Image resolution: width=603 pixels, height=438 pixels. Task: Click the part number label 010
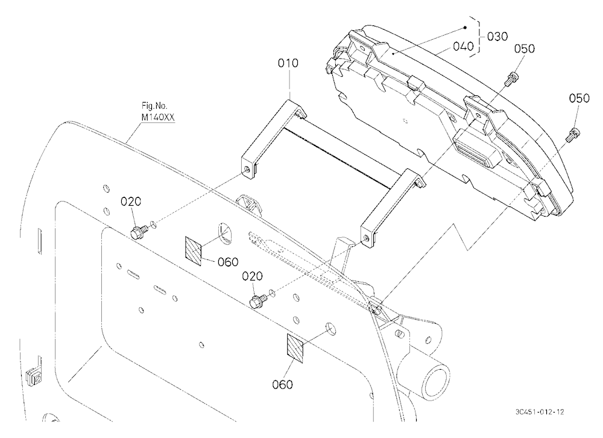pyautogui.click(x=288, y=63)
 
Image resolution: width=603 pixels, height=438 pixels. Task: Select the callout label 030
pyautogui.click(x=497, y=37)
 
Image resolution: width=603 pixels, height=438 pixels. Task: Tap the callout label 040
pyautogui.click(x=463, y=46)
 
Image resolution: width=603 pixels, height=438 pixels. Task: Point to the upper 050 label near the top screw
pyautogui.click(x=525, y=49)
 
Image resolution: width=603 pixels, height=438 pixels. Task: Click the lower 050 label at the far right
pyautogui.click(x=579, y=98)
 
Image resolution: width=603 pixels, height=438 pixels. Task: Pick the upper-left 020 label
pyautogui.click(x=131, y=202)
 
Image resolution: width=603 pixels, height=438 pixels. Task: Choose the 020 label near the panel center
pyautogui.click(x=252, y=276)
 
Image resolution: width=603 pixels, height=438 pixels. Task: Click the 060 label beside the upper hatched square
pyautogui.click(x=228, y=262)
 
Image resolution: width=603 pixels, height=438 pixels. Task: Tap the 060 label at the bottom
pyautogui.click(x=282, y=384)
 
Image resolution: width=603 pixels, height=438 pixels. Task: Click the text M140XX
pyautogui.click(x=157, y=117)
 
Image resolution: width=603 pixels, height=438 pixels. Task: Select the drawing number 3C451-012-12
pyautogui.click(x=540, y=412)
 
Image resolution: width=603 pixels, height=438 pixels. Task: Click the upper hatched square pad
pyautogui.click(x=194, y=251)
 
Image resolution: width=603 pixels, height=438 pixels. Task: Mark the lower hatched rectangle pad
pyautogui.click(x=295, y=348)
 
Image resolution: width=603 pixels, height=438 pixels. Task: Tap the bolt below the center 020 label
pyautogui.click(x=259, y=300)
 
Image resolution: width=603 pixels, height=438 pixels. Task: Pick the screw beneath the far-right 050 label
pyautogui.click(x=573, y=133)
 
